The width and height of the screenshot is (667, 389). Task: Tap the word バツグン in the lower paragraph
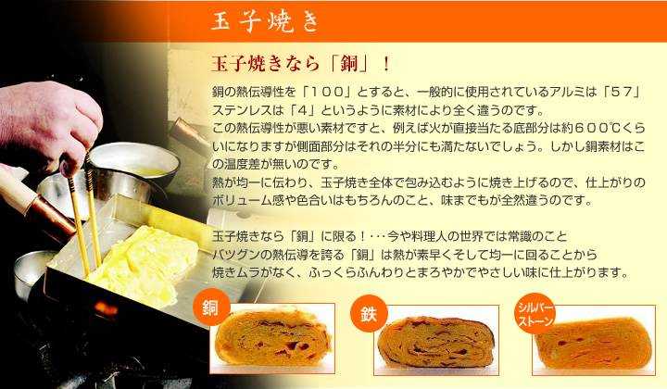(239, 255)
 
